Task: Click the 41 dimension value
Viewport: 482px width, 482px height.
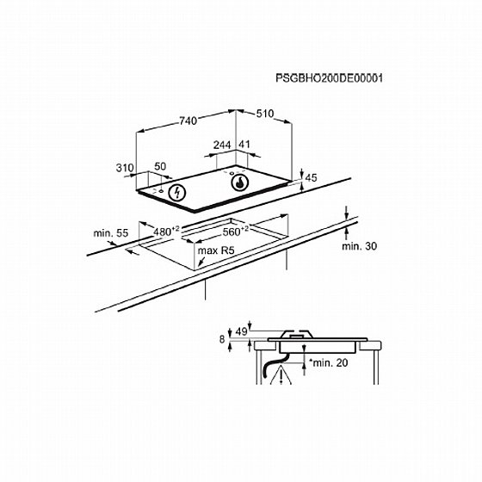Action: (x=244, y=145)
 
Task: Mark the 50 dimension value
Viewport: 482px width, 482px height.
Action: (x=160, y=166)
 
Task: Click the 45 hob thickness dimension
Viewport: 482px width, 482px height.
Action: (x=312, y=177)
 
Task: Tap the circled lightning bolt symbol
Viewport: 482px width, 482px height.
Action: (x=176, y=192)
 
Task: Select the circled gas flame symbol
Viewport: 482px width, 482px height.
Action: (x=238, y=182)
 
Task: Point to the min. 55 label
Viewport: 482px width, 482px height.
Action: (x=111, y=232)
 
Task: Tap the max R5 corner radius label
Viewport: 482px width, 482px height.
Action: (x=216, y=251)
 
